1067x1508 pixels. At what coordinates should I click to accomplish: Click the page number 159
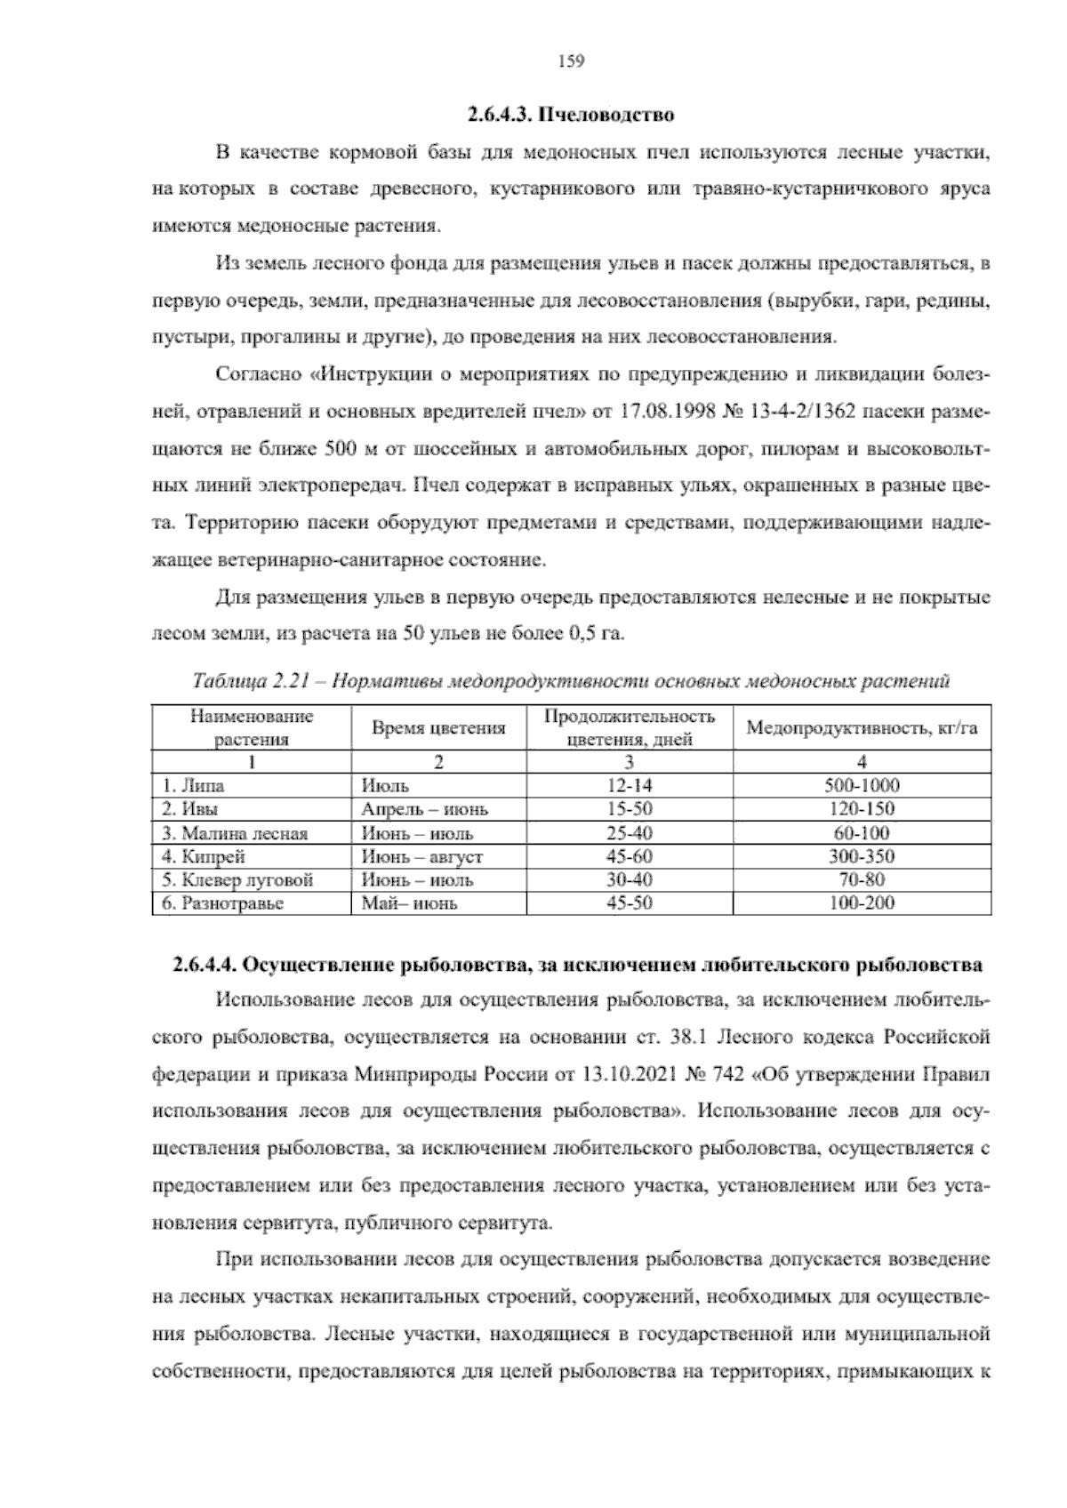point(570,61)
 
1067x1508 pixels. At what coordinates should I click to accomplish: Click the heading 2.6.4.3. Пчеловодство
point(570,115)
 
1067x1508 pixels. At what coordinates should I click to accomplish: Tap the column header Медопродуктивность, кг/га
point(862,728)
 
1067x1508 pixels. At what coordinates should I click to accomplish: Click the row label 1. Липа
point(193,786)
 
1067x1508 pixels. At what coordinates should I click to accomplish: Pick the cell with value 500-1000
point(862,786)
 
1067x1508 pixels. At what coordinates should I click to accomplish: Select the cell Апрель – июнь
point(424,810)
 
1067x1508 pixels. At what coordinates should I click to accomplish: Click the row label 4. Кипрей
point(203,857)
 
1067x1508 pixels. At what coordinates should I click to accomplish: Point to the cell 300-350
point(862,857)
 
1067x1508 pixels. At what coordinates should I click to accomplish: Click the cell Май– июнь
point(409,904)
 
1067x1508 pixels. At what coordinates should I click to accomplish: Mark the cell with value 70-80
point(862,881)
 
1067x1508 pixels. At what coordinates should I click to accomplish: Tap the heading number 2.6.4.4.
point(204,966)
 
